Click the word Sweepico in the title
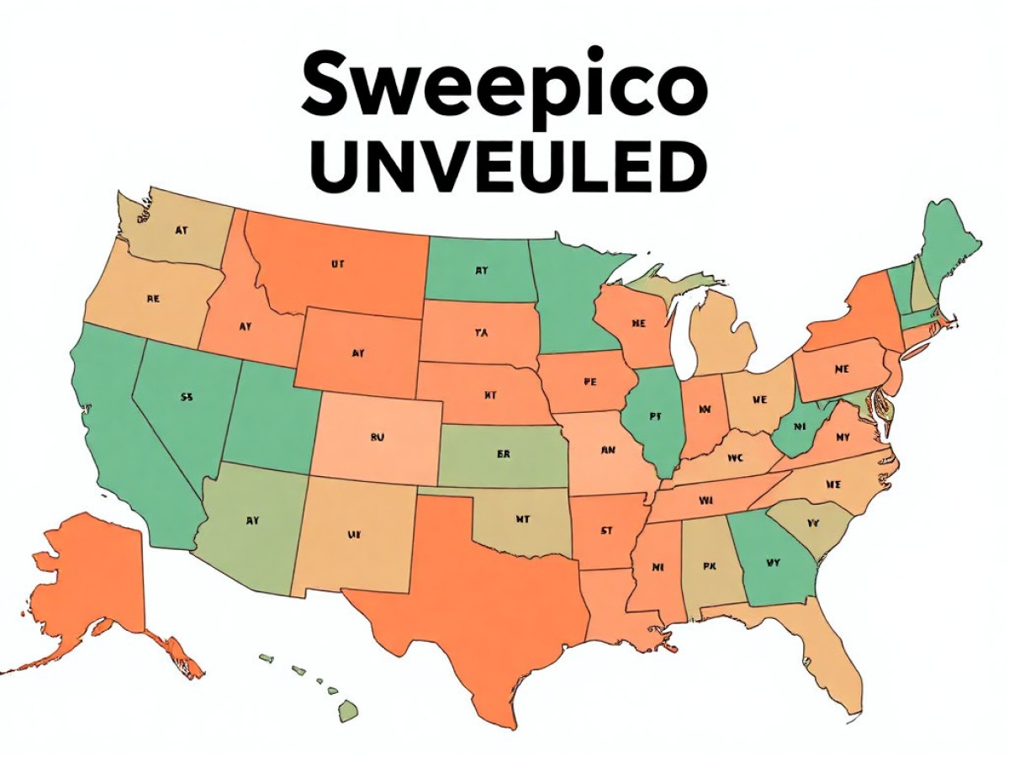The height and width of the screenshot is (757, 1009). tap(504, 87)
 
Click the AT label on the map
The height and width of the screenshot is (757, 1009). tap(182, 229)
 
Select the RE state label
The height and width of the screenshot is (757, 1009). tap(153, 299)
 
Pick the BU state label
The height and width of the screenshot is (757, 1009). tap(377, 437)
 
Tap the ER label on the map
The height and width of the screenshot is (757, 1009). tap(503, 454)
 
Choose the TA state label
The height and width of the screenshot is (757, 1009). tap(481, 333)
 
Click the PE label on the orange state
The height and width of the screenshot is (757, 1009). tap(589, 381)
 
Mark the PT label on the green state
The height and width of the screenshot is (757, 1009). tap(654, 415)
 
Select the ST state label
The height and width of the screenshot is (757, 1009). tap(605, 530)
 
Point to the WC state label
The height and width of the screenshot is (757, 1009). tap(736, 458)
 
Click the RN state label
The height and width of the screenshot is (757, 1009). tap(609, 449)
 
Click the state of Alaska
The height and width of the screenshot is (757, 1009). tap(92, 572)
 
